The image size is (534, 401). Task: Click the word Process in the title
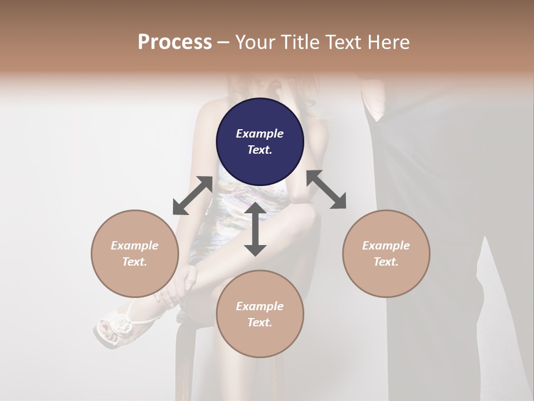(175, 42)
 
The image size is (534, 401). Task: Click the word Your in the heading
(255, 42)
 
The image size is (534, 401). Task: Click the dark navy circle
(260, 141)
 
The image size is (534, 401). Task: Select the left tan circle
(135, 253)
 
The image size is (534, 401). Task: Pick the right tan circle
(386, 253)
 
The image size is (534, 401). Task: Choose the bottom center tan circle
(260, 314)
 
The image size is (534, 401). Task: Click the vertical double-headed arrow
(255, 229)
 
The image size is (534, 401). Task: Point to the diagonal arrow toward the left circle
(192, 195)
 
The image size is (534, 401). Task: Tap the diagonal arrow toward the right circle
(327, 190)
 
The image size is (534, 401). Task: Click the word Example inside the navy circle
(260, 134)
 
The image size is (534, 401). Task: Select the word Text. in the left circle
(135, 262)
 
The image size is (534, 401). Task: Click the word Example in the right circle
(386, 246)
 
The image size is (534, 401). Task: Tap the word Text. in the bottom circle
(260, 322)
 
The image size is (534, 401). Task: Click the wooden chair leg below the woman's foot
(184, 362)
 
